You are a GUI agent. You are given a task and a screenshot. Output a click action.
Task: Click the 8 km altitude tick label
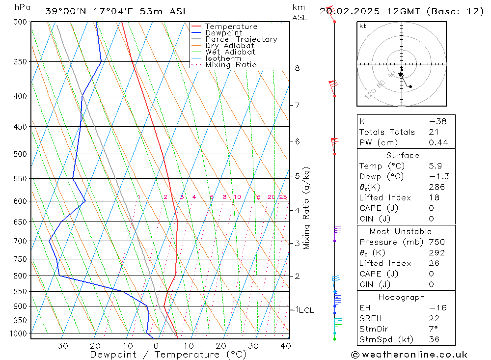point(298,68)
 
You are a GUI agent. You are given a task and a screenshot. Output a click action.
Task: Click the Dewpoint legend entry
point(223,33)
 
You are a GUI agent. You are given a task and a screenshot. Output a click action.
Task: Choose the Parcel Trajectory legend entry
point(241,39)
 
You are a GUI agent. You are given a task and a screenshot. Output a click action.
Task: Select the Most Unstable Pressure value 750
point(436,242)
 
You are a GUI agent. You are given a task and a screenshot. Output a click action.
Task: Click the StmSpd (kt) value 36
point(434,339)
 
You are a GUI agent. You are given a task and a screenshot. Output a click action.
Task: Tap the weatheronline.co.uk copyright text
point(409,355)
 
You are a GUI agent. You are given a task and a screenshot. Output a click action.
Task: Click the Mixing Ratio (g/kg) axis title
point(307,208)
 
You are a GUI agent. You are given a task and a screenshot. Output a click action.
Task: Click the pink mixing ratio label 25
point(283,197)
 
